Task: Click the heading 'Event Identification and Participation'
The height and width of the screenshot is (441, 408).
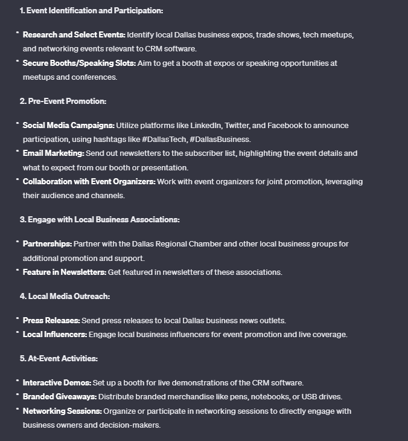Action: point(95,11)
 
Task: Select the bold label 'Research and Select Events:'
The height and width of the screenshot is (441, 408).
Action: point(74,34)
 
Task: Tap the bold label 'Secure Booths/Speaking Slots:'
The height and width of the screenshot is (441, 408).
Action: point(79,63)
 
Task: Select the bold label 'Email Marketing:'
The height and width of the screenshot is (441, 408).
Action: point(53,153)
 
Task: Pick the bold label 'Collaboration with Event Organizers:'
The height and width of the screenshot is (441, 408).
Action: point(89,181)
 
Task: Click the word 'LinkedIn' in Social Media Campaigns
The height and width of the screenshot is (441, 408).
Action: point(205,125)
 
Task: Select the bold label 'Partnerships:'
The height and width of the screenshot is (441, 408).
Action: point(47,243)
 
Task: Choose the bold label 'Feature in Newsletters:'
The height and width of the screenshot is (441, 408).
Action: point(65,272)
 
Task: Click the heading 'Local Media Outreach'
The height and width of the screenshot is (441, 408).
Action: point(69,296)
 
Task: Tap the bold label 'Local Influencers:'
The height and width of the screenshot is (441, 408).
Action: point(55,334)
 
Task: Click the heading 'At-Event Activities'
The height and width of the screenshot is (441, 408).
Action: point(63,358)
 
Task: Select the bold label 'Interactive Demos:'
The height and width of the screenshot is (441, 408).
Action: point(57,382)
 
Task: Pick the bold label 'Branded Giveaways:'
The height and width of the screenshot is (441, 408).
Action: point(59,396)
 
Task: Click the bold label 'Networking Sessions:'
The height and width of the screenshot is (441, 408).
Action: point(62,411)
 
